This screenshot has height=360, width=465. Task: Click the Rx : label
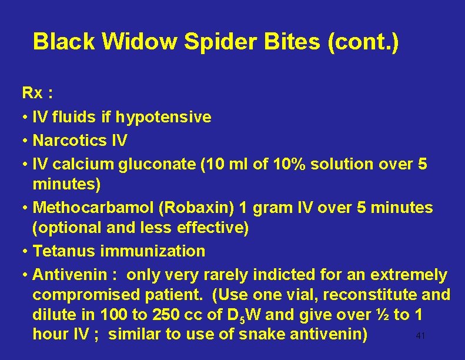click(x=36, y=93)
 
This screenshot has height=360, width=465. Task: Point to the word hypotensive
click(x=163, y=117)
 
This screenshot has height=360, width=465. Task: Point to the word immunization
click(x=153, y=251)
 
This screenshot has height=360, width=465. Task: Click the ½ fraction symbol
click(x=382, y=315)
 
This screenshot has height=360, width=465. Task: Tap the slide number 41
click(x=420, y=336)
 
